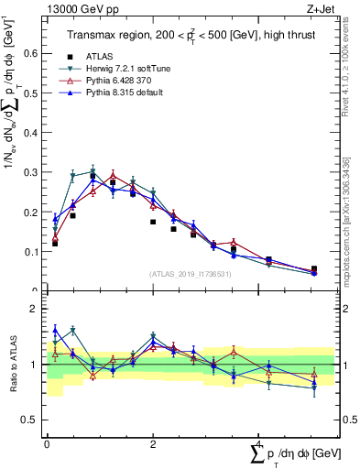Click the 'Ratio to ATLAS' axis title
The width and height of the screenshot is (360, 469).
[x=12, y=365]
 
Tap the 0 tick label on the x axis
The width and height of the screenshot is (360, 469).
[x=47, y=442]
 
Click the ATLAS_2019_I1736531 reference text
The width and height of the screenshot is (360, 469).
[x=188, y=274]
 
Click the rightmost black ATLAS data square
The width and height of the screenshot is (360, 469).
[x=314, y=269]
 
